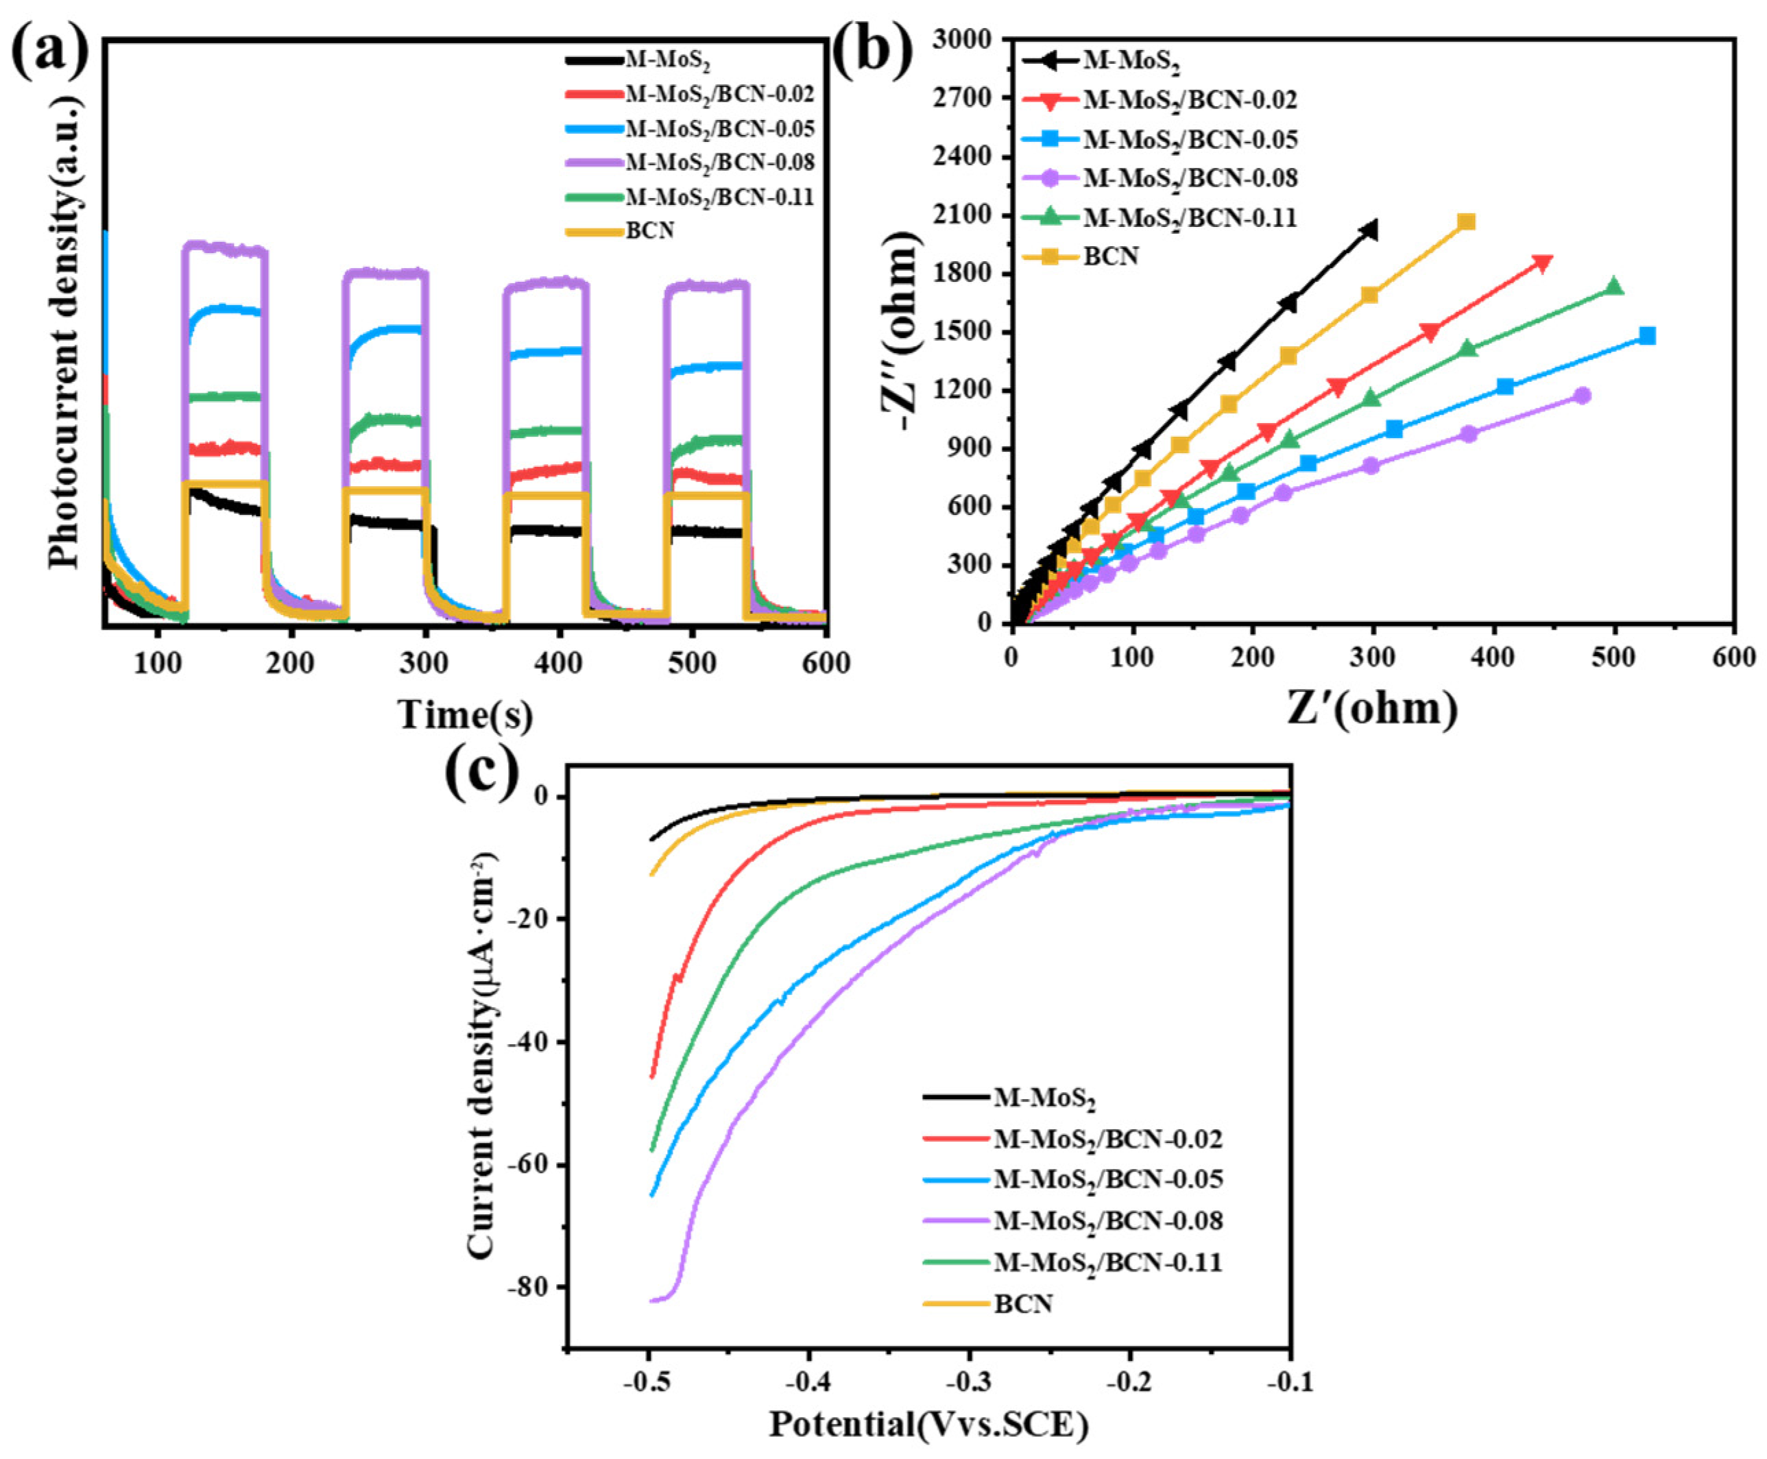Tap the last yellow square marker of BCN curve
pos(1467,222)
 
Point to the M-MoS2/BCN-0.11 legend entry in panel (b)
pos(1189,217)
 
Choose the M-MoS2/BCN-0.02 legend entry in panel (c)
pos(1107,1139)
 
